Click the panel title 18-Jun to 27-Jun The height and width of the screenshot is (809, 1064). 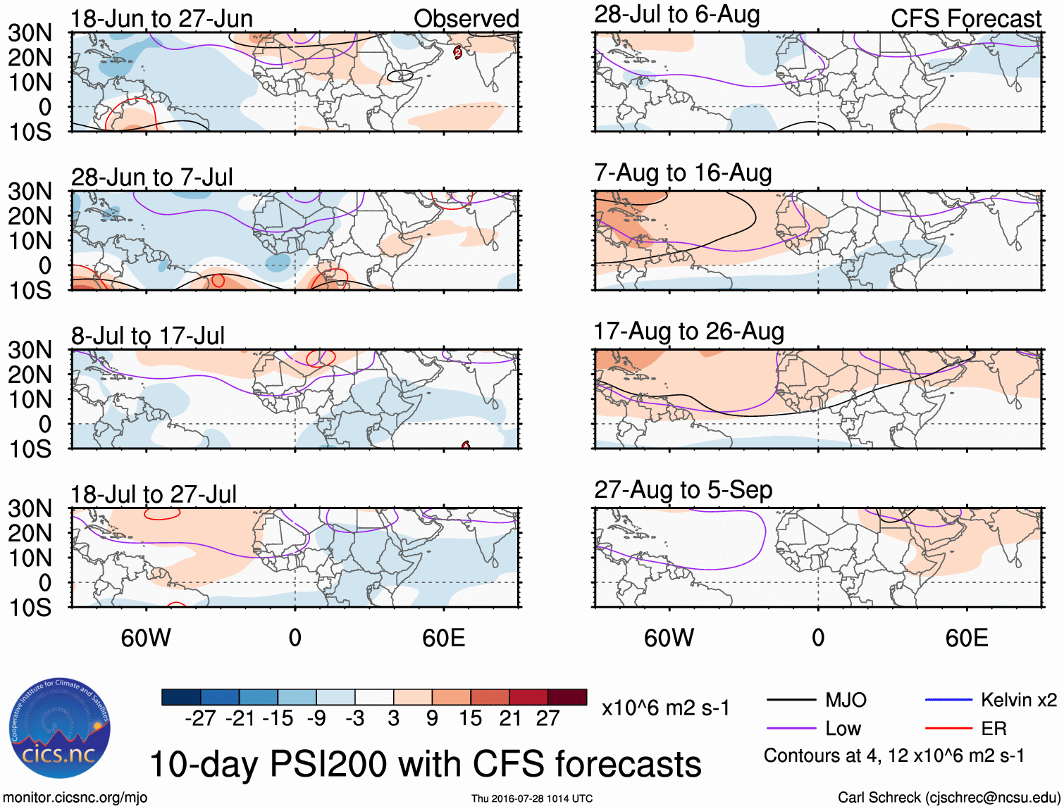161,19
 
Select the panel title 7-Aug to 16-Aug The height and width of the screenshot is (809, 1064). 683,173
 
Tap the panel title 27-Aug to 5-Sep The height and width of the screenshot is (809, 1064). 683,490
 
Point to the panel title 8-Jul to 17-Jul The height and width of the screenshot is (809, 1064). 148,336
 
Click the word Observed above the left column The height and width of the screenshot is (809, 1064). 466,19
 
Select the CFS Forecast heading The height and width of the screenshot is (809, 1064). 965,19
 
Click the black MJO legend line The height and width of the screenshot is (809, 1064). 791,700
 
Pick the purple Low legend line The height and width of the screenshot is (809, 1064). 791,729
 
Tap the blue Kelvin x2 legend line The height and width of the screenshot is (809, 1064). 948,700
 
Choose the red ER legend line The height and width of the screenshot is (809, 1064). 948,729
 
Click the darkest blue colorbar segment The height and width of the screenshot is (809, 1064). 181,697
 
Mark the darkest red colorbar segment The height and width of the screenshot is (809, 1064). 567,697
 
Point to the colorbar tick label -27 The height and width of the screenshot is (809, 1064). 200,718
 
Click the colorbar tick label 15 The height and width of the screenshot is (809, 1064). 470,718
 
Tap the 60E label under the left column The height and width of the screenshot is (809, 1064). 444,638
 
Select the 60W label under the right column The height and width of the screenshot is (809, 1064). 669,638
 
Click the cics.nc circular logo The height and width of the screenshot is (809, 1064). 60,729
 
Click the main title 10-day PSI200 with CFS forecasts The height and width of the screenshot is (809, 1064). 426,764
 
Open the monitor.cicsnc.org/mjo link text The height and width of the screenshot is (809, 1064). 75,798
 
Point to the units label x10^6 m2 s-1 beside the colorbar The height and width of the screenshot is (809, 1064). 666,708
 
